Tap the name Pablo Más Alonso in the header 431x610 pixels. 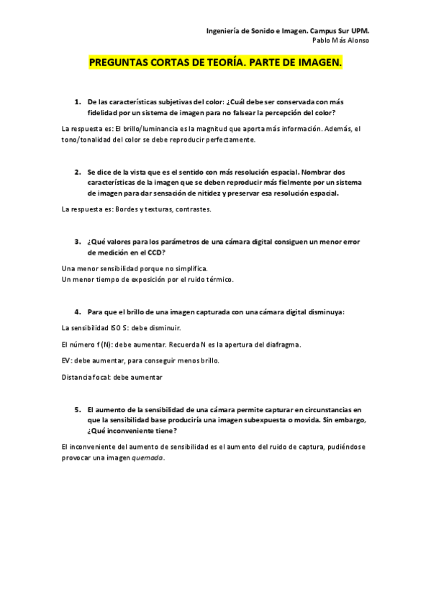(x=343, y=41)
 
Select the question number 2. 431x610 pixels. (x=78, y=173)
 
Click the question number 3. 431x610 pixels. (x=78, y=242)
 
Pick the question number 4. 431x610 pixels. (x=78, y=311)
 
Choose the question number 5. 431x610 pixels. (x=78, y=409)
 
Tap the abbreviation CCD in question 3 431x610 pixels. (x=156, y=252)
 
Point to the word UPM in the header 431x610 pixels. (x=368, y=32)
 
